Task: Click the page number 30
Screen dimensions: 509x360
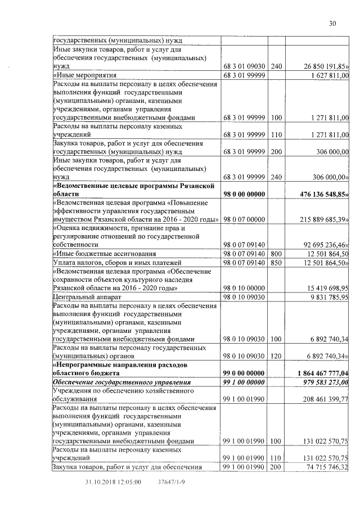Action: coord(332,23)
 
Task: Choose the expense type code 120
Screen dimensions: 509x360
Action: coord(276,357)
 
